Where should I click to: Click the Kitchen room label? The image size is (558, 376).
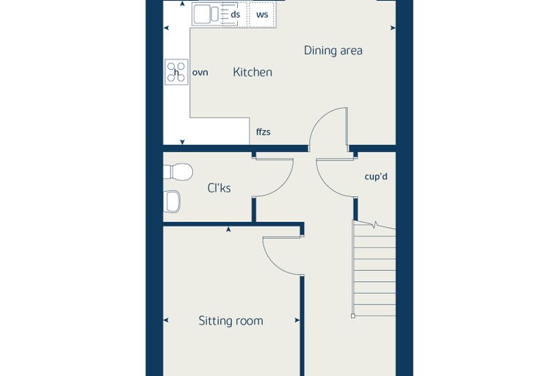(253, 72)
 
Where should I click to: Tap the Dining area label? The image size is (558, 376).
(333, 51)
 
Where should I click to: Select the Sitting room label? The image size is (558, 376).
(231, 321)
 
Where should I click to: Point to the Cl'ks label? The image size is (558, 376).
(219, 188)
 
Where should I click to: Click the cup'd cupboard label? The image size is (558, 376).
(376, 176)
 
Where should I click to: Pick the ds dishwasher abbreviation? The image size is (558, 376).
(235, 15)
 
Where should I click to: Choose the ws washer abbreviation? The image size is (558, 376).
(262, 15)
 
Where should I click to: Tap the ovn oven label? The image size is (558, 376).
(200, 73)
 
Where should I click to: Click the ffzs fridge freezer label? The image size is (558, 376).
(264, 132)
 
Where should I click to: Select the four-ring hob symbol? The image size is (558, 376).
(176, 71)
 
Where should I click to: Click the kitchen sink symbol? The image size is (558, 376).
(206, 14)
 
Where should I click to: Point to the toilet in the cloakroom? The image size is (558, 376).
(178, 172)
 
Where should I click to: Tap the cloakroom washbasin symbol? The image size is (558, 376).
(172, 201)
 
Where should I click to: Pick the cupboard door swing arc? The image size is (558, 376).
(325, 184)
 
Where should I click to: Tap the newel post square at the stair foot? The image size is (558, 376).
(353, 316)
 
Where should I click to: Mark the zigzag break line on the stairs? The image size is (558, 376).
(374, 225)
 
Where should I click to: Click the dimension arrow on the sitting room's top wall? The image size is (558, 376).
(228, 230)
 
